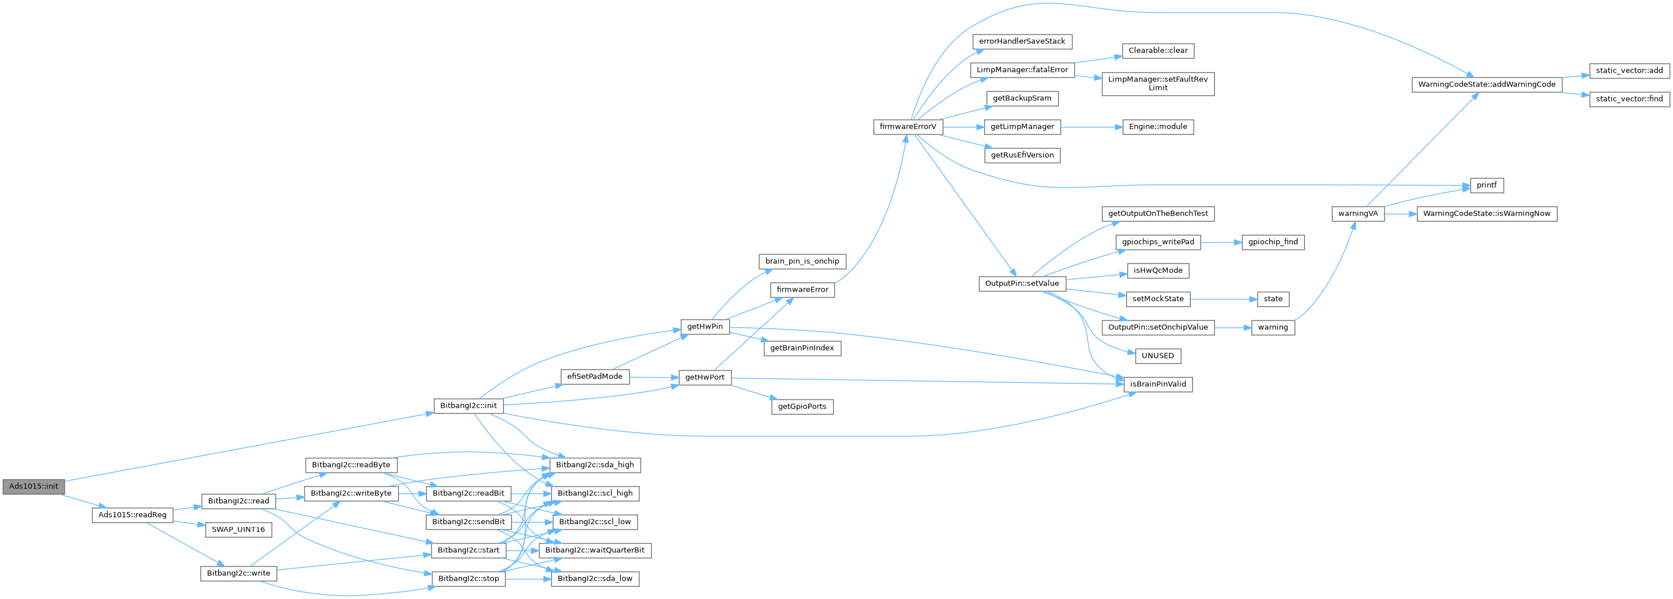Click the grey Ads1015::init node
tap(33, 486)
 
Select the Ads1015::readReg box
tap(133, 515)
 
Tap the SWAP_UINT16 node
tap(238, 530)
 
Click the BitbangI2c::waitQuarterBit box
tap(595, 551)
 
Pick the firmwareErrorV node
tap(908, 127)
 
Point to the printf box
tap(1486, 185)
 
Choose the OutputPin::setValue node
tap(1022, 284)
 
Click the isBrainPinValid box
tap(1157, 384)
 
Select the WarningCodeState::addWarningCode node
tap(1487, 84)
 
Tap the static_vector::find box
tap(1629, 99)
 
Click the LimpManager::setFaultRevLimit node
tap(1157, 84)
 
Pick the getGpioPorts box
tap(802, 407)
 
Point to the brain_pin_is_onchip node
tap(802, 261)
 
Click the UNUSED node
tap(1157, 356)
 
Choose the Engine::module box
tap(1157, 127)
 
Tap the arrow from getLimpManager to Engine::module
tap(1091, 127)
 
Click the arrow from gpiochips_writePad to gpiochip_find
tap(1220, 242)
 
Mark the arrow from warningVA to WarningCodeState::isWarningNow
tap(1400, 213)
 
